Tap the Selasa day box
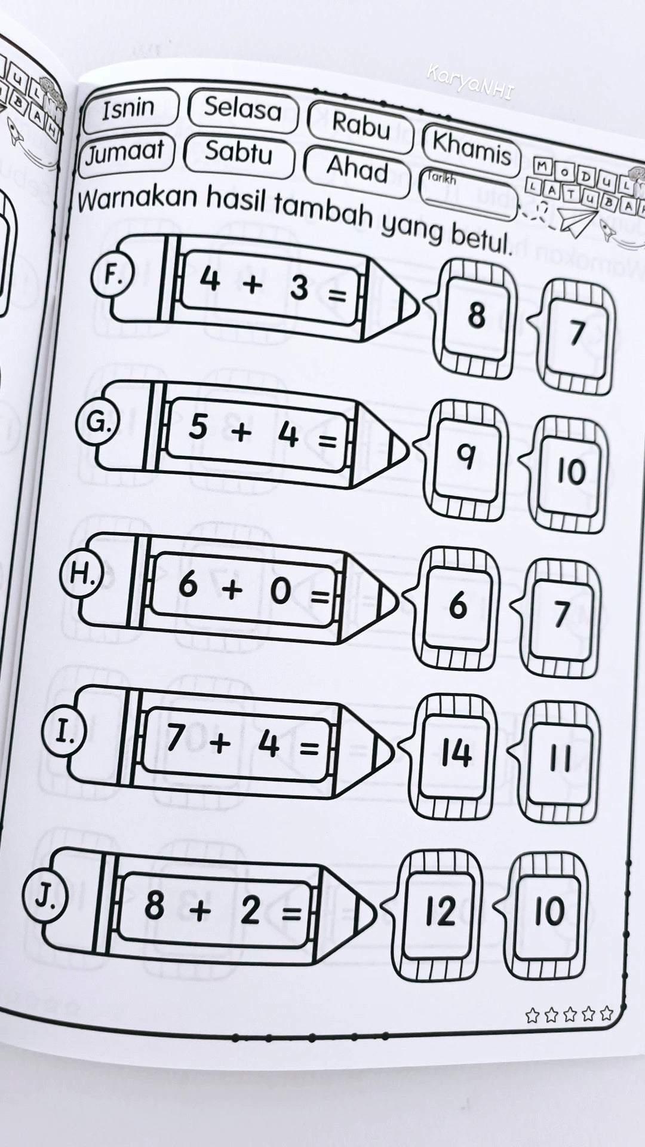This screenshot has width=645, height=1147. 242,110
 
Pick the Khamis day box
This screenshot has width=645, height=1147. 471,148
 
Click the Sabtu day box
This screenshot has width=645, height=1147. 238,152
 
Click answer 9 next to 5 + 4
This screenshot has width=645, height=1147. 466,458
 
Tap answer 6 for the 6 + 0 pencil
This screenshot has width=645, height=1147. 457,606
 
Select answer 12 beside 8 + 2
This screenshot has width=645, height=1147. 441,912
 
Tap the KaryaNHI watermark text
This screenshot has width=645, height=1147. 470,82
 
